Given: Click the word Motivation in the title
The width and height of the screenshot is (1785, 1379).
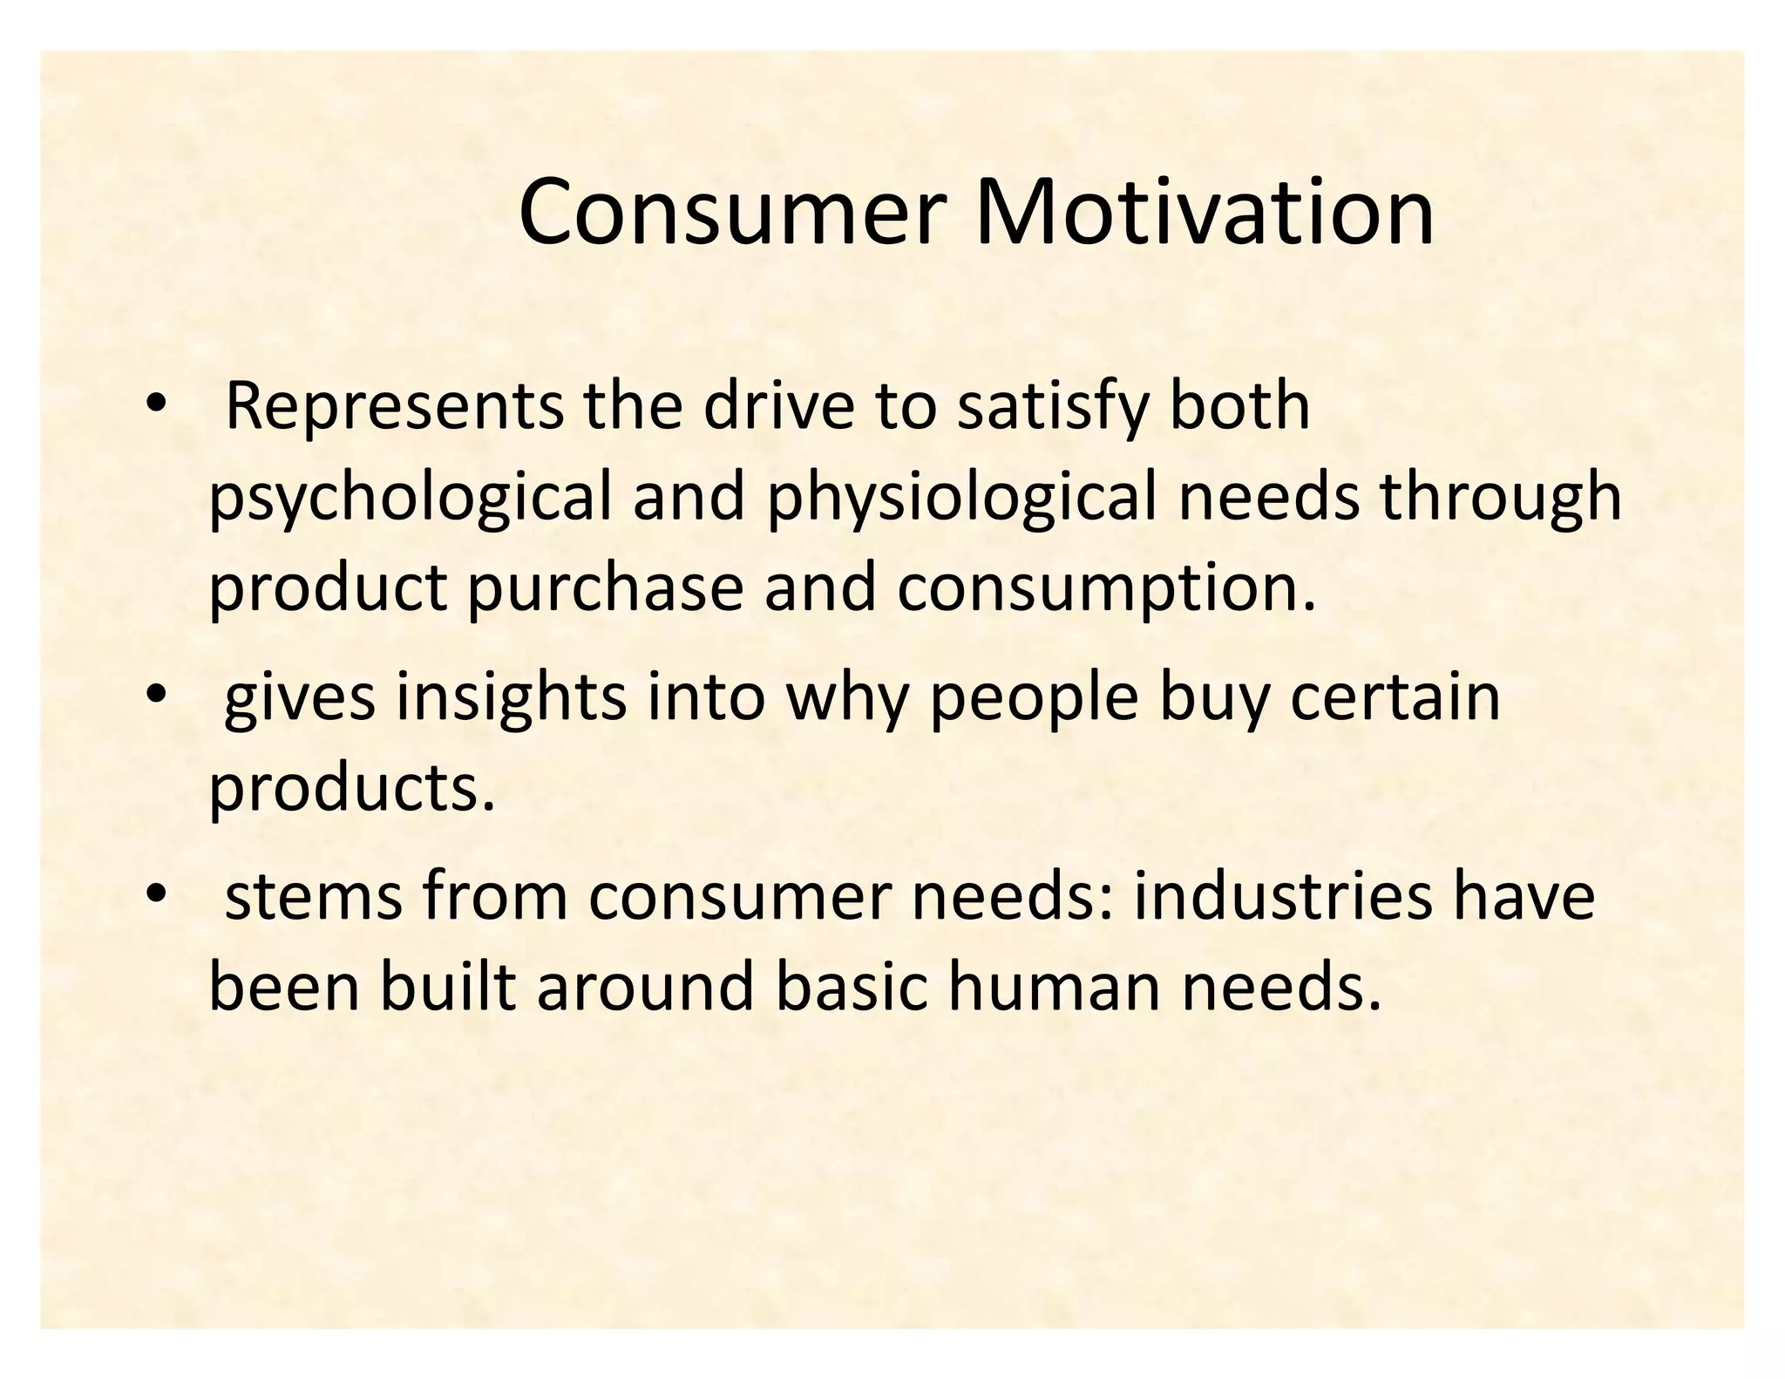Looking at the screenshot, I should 1204,212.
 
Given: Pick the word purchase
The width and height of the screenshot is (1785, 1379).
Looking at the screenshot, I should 605,587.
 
